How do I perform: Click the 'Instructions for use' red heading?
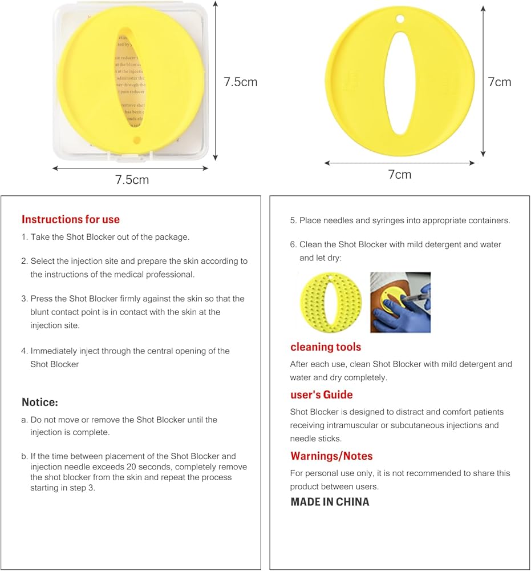[71, 219]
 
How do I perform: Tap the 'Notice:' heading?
[40, 402]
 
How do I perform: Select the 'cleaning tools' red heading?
[326, 347]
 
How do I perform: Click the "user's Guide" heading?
[321, 395]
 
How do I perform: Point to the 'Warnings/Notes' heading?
[331, 456]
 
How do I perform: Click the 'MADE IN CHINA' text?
[330, 502]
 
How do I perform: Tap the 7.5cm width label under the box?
[132, 180]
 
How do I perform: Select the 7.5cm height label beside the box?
[240, 82]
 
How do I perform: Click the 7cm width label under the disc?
[399, 175]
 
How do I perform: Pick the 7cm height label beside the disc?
[500, 82]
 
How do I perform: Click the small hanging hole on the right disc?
[400, 19]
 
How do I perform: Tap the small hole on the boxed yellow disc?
[136, 139]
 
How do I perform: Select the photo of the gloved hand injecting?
[400, 302]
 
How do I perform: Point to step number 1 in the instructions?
[25, 237]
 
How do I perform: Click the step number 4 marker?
[25, 351]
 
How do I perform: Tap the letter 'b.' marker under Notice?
[25, 456]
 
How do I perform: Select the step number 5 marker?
[293, 220]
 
